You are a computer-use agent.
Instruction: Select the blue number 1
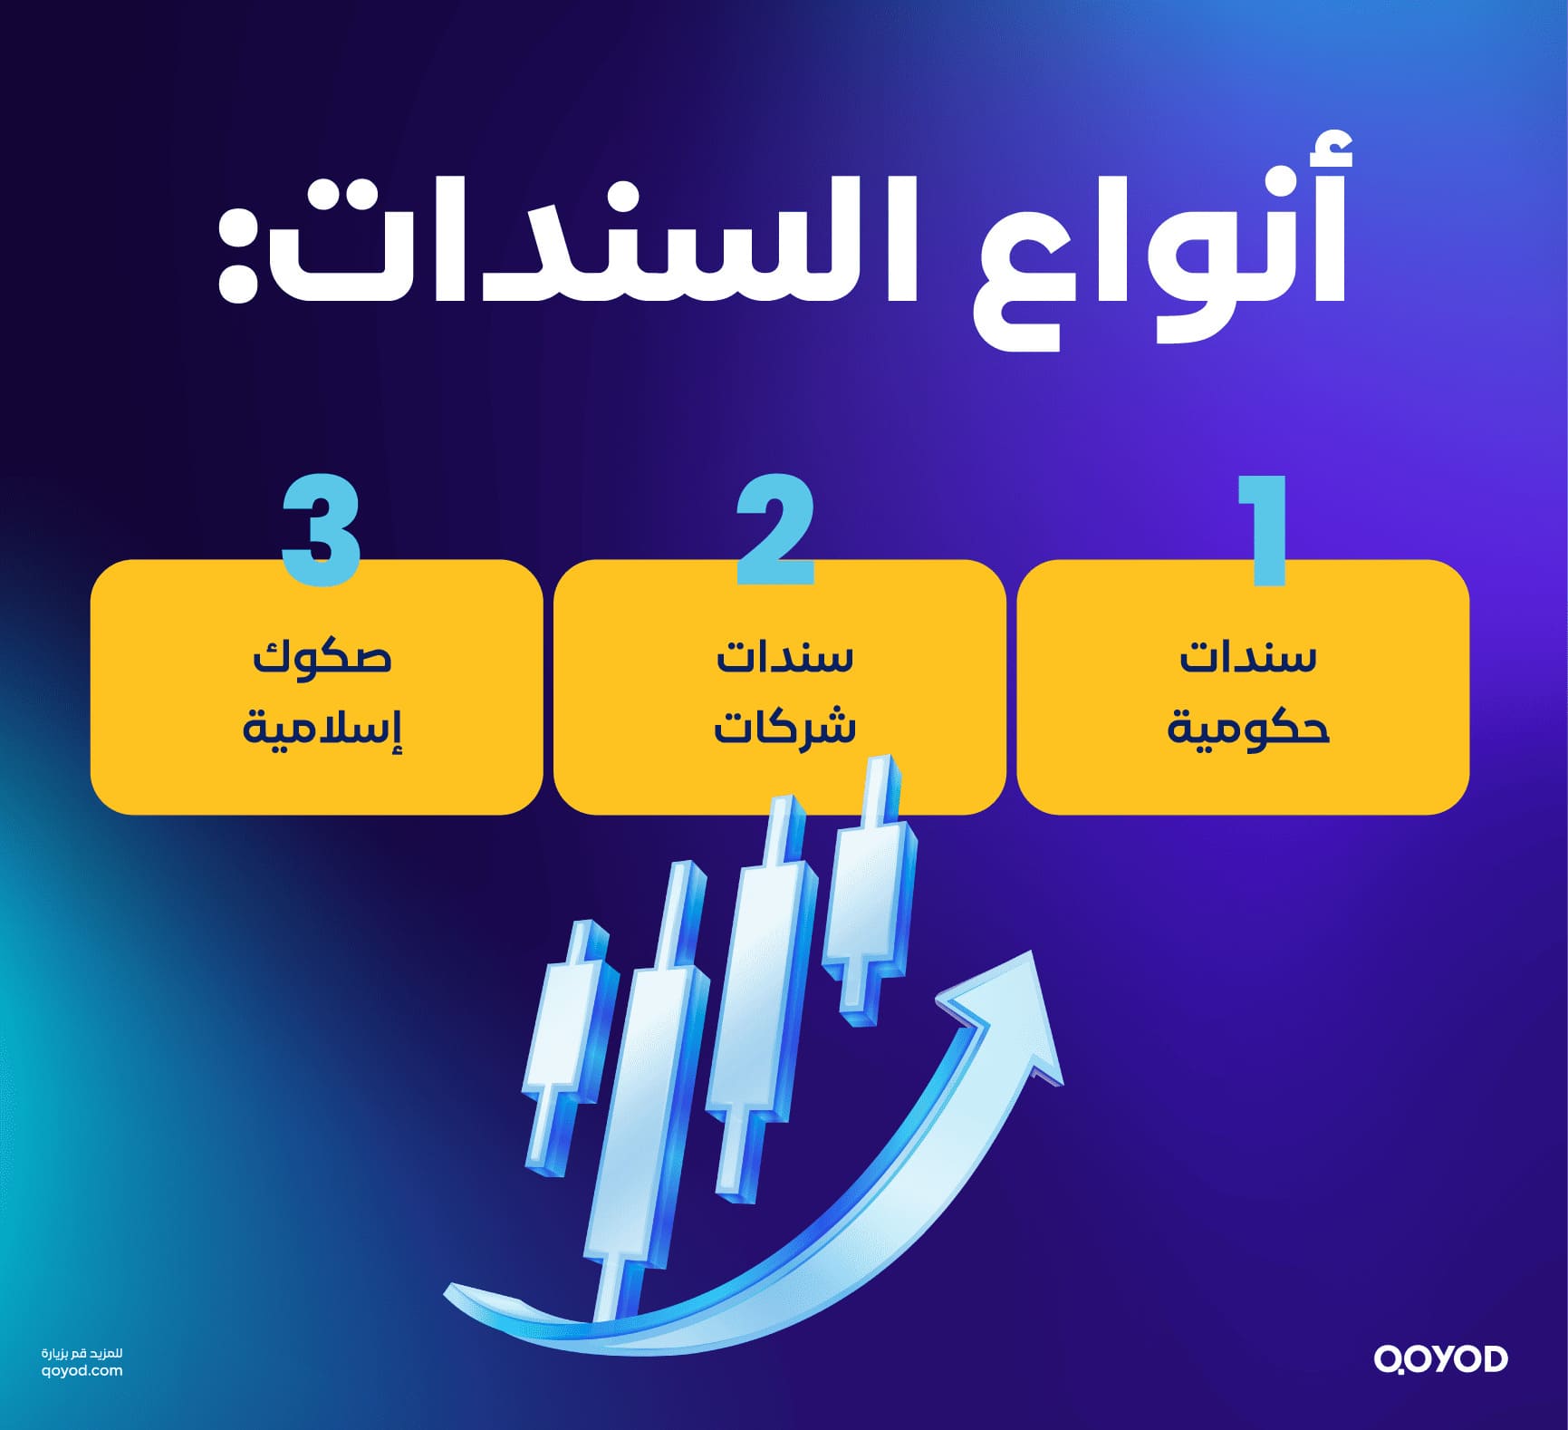(x=1265, y=530)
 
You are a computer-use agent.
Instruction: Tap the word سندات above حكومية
(x=1247, y=657)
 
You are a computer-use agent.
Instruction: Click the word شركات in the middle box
(x=784, y=728)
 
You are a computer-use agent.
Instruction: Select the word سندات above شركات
(x=784, y=657)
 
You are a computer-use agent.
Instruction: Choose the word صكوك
(x=322, y=657)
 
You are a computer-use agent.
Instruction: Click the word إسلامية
(x=322, y=728)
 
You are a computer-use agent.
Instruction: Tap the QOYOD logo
(x=1440, y=1359)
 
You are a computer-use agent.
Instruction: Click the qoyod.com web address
(x=82, y=1371)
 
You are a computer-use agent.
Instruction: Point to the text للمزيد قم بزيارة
(x=82, y=1353)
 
